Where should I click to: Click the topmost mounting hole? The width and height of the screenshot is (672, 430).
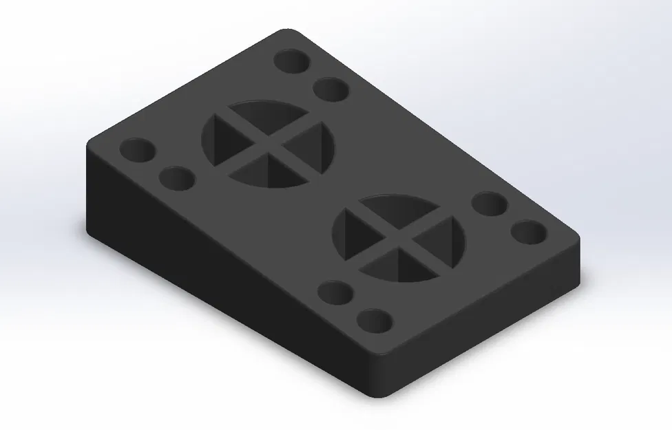[292, 61]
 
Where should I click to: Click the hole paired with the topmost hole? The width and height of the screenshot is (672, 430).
[330, 89]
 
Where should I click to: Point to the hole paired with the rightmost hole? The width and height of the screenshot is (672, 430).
[490, 204]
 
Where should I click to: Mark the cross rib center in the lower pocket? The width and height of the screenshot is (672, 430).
[400, 238]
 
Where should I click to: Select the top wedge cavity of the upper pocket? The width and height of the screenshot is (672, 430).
[265, 114]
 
